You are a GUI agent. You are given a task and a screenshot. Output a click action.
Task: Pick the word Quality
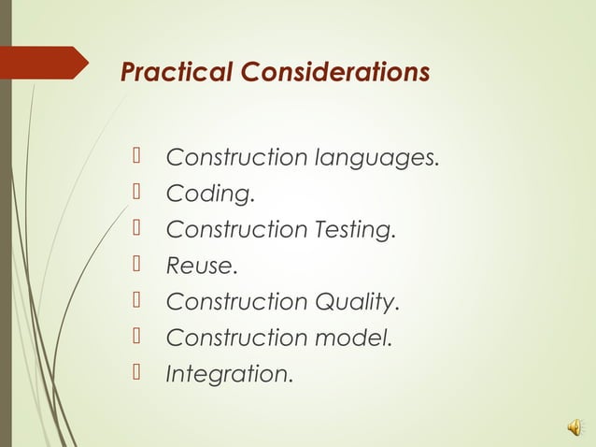coord(357,302)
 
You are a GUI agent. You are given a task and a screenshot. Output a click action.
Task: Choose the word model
coord(352,338)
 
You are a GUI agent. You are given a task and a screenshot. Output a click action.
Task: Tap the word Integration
coord(229,374)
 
